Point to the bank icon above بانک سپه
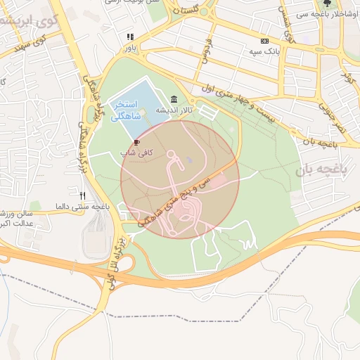(264, 41)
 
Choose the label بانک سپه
(264, 52)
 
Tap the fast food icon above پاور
(129, 37)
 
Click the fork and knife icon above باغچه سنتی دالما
(83, 195)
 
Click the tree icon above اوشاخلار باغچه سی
(326, 3)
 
